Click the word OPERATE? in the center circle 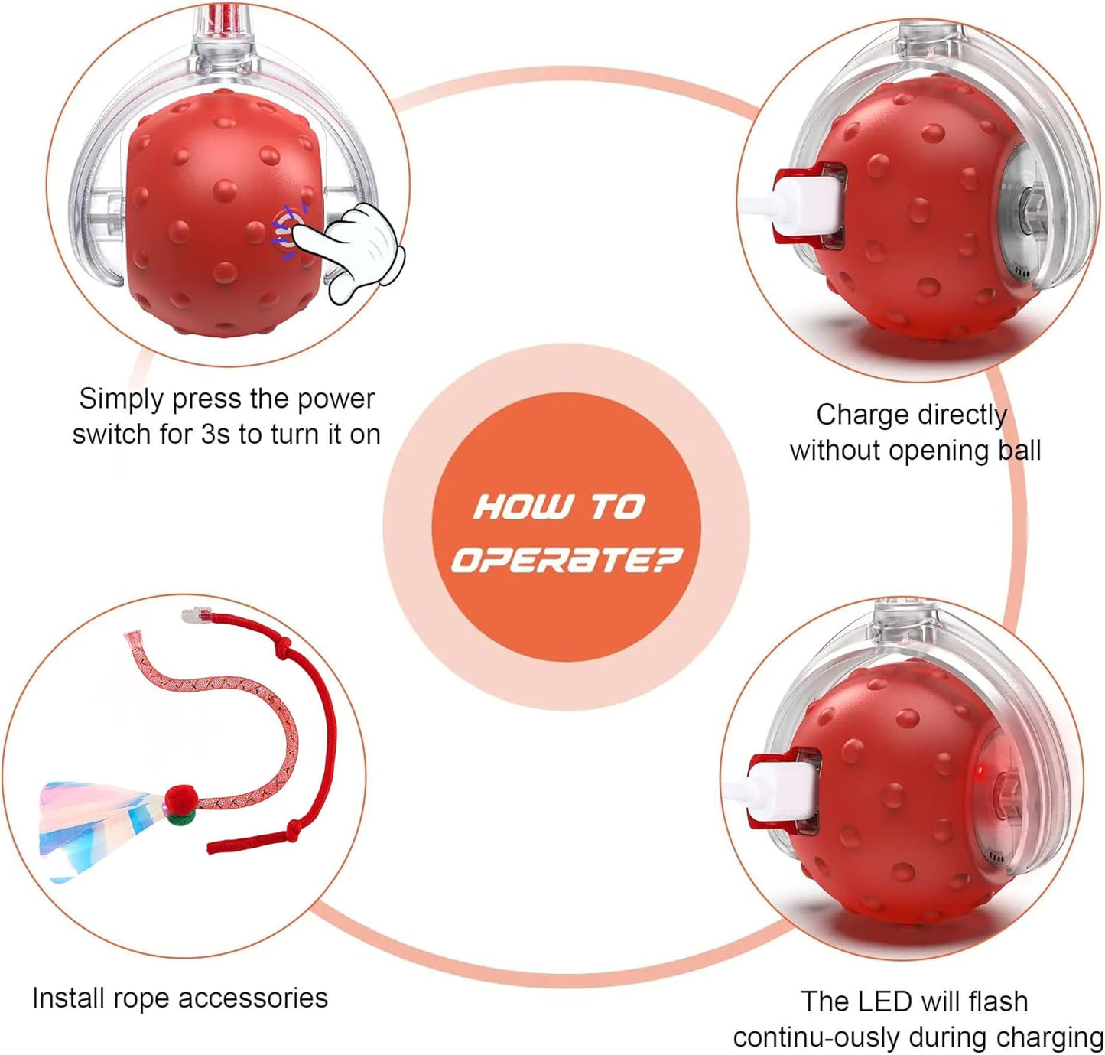click(565, 560)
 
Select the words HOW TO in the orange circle click(559, 506)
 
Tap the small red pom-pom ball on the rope click(180, 801)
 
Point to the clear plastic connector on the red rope click(196, 614)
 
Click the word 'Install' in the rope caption click(69, 998)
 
